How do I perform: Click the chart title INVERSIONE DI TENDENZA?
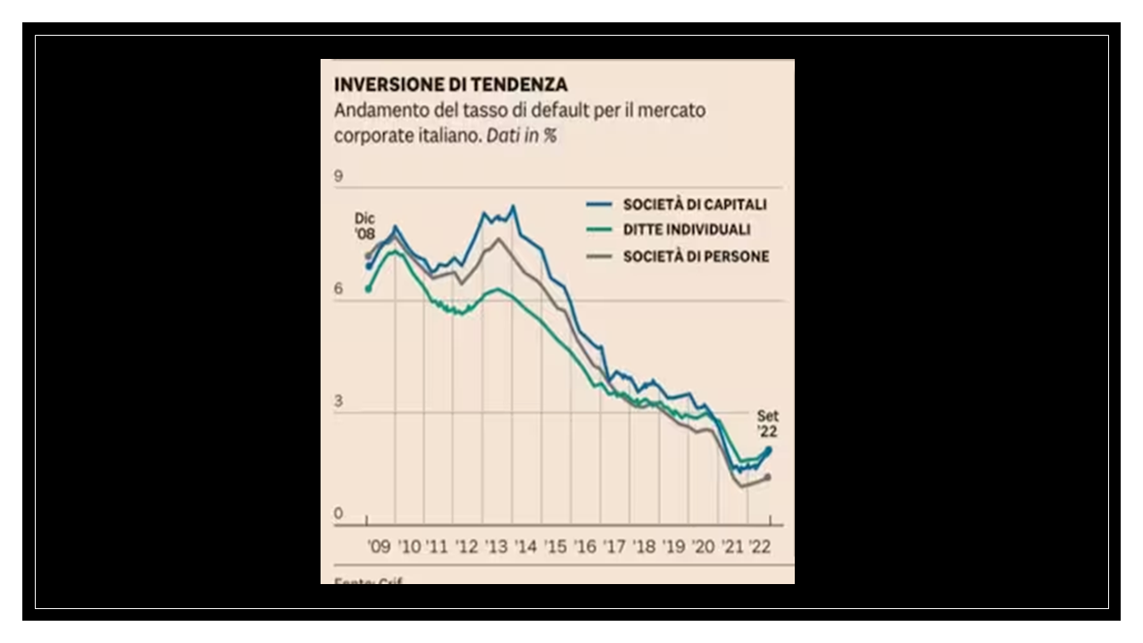tap(450, 85)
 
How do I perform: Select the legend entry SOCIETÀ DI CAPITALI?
tap(695, 205)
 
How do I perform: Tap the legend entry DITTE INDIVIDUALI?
tap(686, 230)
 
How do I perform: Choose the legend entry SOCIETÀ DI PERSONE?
tap(696, 256)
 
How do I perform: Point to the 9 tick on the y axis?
tap(338, 177)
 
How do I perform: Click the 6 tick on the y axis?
tap(338, 289)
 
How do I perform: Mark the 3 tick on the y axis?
tap(338, 402)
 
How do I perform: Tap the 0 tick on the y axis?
tap(338, 514)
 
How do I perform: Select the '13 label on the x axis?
tap(496, 547)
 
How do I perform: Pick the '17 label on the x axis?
tap(614, 547)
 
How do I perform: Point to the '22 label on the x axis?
tap(761, 547)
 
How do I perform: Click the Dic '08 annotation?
tap(364, 226)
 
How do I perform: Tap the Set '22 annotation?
tap(767, 423)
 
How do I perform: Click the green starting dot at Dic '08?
tap(368, 288)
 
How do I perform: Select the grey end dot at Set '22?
tap(767, 477)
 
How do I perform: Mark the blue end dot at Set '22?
tap(768, 450)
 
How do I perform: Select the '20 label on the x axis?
tap(703, 547)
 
